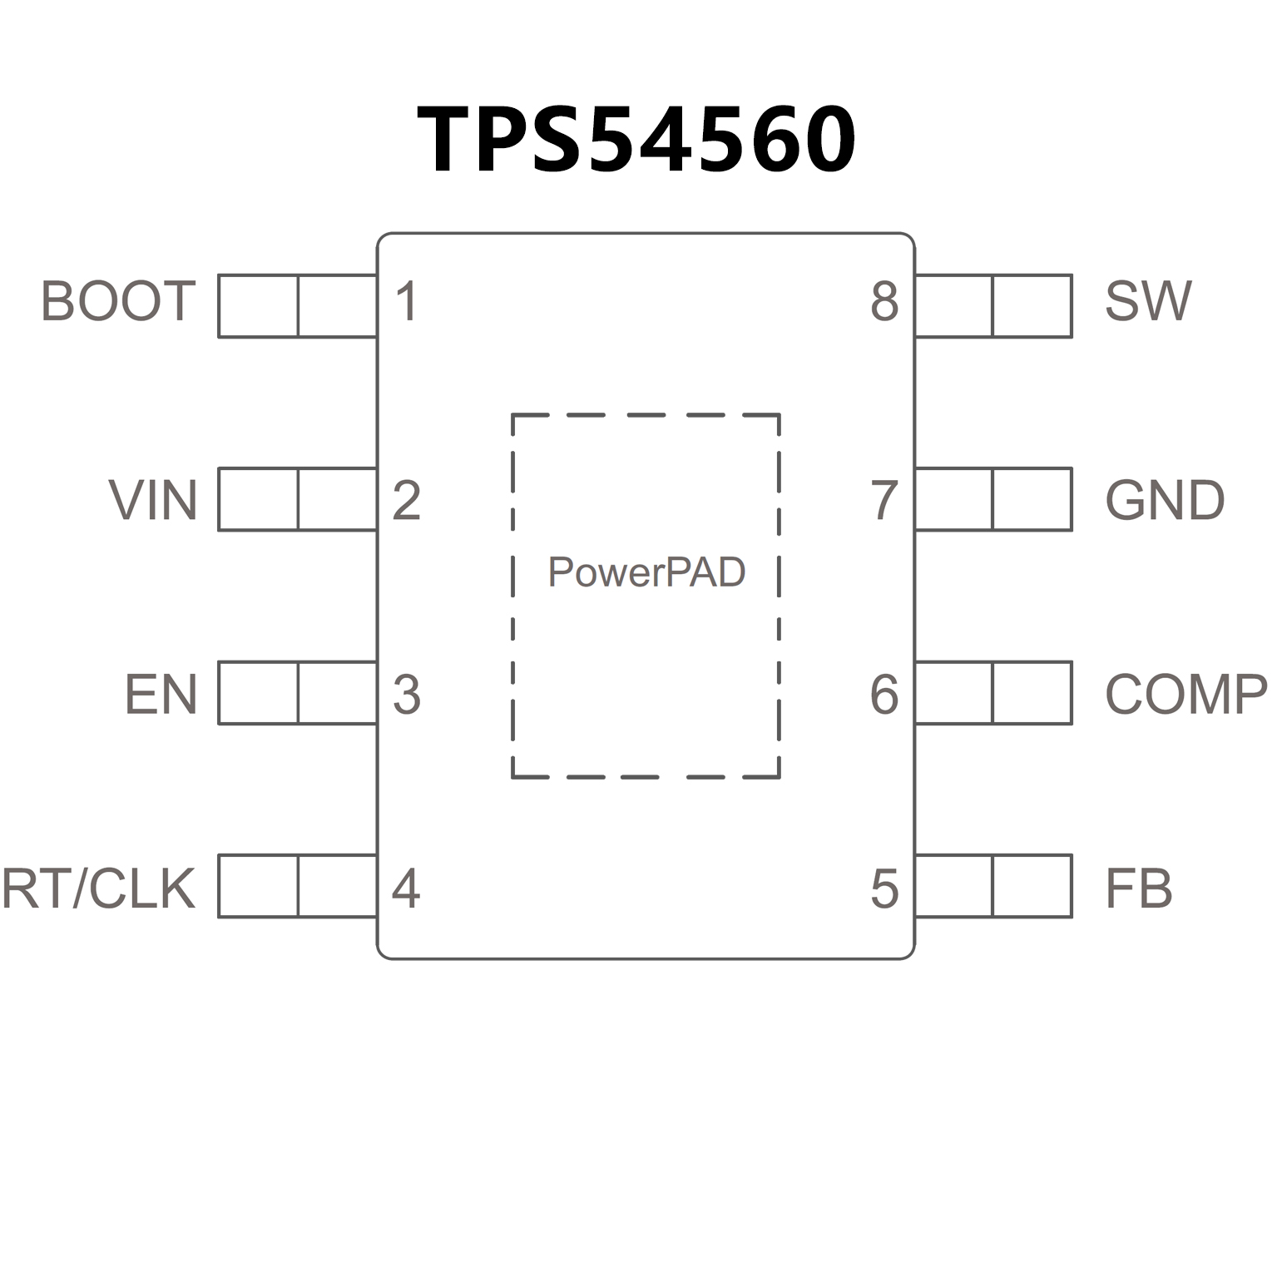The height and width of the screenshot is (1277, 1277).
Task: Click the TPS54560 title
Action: pyautogui.click(x=636, y=139)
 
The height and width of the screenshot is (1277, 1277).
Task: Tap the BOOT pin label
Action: pyautogui.click(x=118, y=301)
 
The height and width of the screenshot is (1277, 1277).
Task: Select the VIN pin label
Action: pyautogui.click(x=153, y=500)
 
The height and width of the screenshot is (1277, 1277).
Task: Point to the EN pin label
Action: pyautogui.click(x=161, y=695)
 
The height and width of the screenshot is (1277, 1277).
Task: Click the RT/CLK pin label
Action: pyautogui.click(x=99, y=888)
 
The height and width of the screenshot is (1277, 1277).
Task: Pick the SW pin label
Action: pyautogui.click(x=1148, y=301)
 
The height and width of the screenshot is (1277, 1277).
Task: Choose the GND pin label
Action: pyautogui.click(x=1165, y=500)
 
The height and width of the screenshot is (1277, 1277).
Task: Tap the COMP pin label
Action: pyautogui.click(x=1186, y=695)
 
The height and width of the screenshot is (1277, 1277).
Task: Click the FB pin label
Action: pyautogui.click(x=1138, y=888)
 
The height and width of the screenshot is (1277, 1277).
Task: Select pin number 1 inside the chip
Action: pyautogui.click(x=406, y=301)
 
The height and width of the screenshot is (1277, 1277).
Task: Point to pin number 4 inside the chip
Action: pyautogui.click(x=406, y=888)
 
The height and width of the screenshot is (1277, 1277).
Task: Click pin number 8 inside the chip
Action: pyautogui.click(x=884, y=301)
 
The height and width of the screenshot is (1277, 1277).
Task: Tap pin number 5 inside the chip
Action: pyautogui.click(x=884, y=888)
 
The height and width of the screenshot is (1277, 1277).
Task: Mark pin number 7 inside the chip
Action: pyautogui.click(x=884, y=500)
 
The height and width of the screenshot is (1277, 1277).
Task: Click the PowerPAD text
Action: pyautogui.click(x=646, y=572)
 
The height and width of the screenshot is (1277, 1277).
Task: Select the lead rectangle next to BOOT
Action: pyautogui.click(x=297, y=306)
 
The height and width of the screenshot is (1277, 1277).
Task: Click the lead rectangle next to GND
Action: pyautogui.click(x=993, y=499)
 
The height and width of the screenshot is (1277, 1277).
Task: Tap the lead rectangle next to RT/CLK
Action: pyautogui.click(x=297, y=886)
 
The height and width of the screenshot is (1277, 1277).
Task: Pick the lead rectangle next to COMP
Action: pyautogui.click(x=993, y=693)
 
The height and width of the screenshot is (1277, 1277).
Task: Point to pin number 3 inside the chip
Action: pyautogui.click(x=406, y=695)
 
